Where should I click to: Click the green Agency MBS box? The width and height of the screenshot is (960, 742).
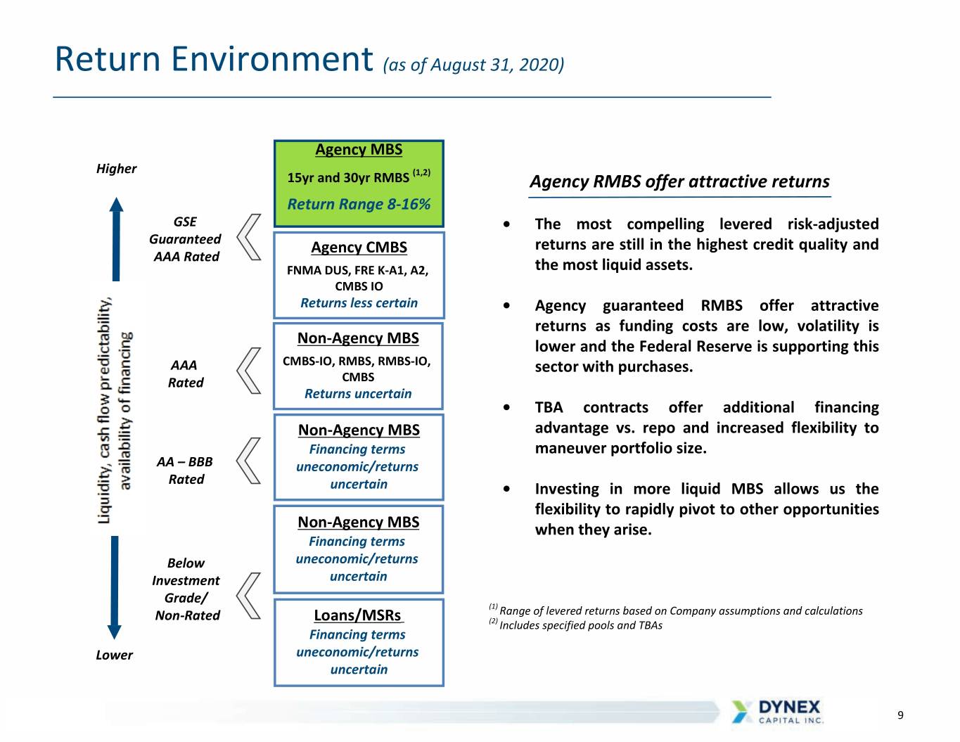[x=359, y=184]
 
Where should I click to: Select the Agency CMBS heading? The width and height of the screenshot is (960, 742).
[x=359, y=248]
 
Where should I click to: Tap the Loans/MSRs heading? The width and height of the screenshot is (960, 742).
[x=357, y=615]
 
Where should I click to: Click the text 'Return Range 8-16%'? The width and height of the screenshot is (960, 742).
[x=359, y=204]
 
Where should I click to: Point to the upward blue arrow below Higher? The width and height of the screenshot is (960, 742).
[x=116, y=239]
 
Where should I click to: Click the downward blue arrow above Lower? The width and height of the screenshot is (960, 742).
[x=115, y=588]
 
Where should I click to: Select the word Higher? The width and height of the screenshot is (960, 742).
[x=116, y=169]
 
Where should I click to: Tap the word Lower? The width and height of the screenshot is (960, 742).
[x=114, y=655]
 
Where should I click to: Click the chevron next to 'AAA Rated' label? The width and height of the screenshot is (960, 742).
[x=249, y=371]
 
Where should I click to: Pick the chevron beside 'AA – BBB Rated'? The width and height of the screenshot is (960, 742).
[x=248, y=461]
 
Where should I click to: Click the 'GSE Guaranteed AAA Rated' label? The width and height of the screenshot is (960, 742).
[x=185, y=239]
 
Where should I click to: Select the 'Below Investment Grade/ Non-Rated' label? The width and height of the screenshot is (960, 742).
[x=186, y=589]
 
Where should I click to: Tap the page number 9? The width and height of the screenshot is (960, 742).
[x=900, y=715]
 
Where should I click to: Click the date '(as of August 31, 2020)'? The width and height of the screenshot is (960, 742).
[x=473, y=65]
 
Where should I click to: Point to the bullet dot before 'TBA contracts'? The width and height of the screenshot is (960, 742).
[x=506, y=407]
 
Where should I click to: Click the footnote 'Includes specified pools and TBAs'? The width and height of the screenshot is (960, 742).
[x=580, y=625]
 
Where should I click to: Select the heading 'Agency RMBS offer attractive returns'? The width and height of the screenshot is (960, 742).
[x=679, y=181]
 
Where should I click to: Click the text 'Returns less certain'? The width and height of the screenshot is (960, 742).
[x=359, y=303]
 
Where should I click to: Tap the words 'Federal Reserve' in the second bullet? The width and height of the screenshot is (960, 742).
[x=696, y=346]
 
